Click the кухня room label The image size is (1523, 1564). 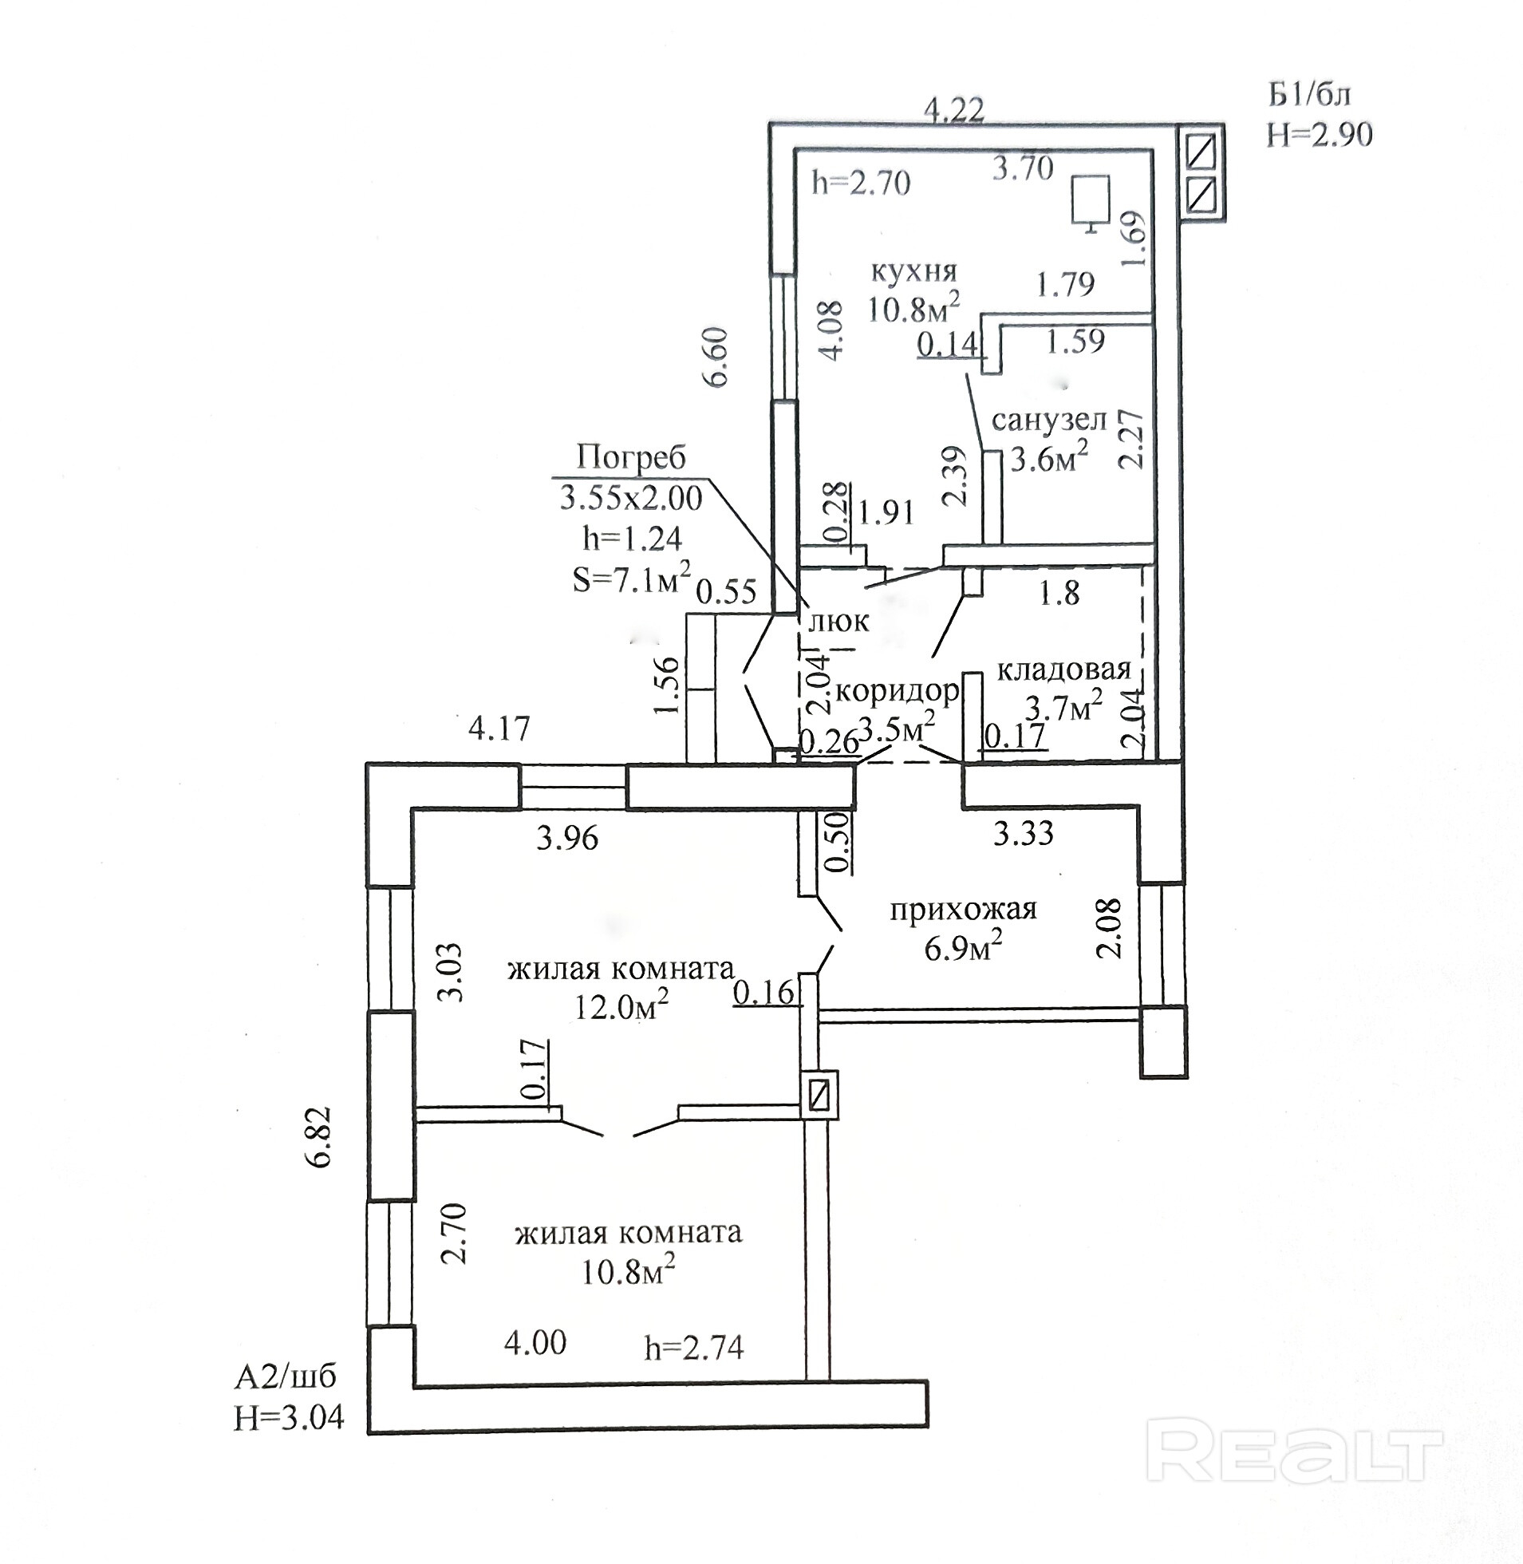913,271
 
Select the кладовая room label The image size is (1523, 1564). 1063,669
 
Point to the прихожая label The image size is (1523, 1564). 963,909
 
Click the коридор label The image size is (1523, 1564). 896,689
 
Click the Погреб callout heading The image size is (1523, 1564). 631,457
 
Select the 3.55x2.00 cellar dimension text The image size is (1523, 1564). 630,499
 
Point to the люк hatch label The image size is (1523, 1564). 838,621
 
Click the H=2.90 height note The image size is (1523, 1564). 1319,134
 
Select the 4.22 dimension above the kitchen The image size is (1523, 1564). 953,109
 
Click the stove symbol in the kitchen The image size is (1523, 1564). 1091,202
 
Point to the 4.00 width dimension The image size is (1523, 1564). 535,1341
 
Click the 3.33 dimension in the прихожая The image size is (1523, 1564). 1023,835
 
